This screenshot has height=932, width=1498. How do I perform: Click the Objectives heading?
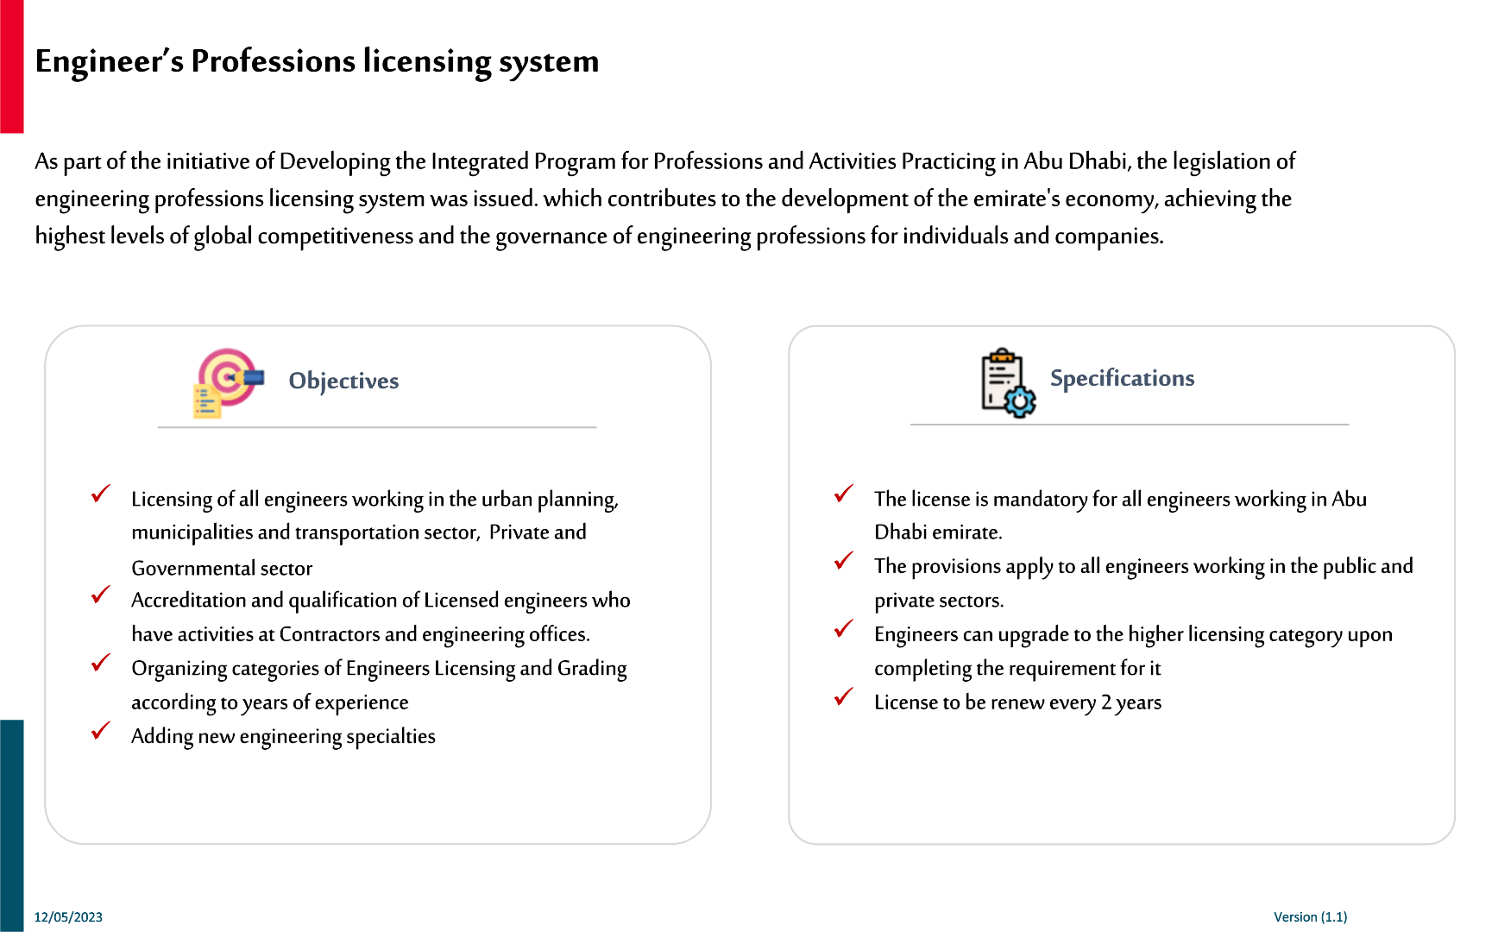(343, 381)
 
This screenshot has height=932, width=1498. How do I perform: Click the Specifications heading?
(1122, 378)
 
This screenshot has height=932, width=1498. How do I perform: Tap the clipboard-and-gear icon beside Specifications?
(1007, 383)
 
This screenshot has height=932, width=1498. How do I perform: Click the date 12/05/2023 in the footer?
(68, 917)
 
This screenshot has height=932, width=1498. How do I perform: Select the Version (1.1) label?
(1310, 916)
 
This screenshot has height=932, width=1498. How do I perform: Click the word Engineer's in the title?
(109, 61)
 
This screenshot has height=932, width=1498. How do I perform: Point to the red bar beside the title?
(11, 66)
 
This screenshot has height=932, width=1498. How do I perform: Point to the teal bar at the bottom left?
(11, 824)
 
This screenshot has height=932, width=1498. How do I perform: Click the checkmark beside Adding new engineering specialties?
(101, 731)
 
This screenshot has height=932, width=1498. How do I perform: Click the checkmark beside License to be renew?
(844, 696)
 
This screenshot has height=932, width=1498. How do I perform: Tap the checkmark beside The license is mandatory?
(844, 494)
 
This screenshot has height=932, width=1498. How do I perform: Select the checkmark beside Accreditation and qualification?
(101, 595)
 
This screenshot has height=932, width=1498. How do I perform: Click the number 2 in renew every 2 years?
(1106, 702)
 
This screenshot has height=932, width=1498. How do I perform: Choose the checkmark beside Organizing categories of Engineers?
(101, 663)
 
